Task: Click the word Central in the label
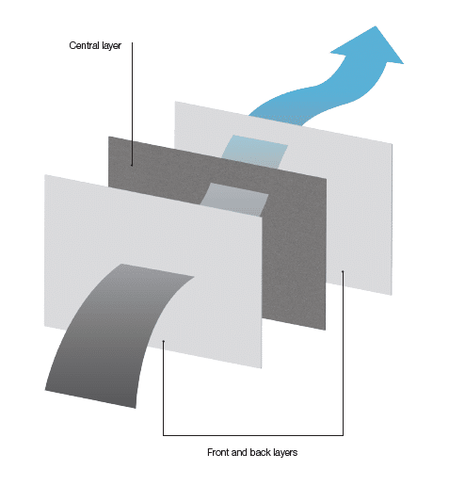(84, 45)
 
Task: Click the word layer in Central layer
(111, 46)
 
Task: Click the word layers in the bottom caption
(285, 453)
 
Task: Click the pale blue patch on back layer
(255, 152)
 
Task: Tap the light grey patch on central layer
(234, 199)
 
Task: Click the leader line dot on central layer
(132, 165)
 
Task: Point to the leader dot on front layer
(163, 341)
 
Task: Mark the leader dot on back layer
(343, 271)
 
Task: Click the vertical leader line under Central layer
(132, 104)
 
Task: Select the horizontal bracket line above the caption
(253, 435)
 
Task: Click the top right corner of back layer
(393, 143)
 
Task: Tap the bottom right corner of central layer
(326, 330)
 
